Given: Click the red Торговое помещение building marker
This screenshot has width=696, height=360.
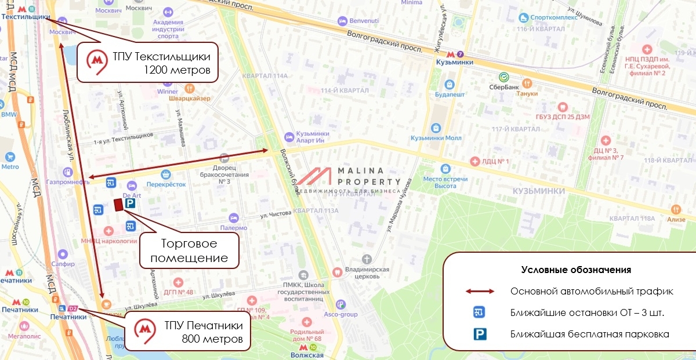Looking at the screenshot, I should coord(118,205).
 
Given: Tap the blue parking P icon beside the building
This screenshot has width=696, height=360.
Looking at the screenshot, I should coord(130,204).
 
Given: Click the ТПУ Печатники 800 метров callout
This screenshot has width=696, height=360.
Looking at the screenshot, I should coord(188,332).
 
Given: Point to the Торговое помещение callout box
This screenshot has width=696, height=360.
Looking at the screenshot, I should coord(189,250).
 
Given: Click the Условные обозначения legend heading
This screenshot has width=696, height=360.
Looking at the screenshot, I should coord(576,270).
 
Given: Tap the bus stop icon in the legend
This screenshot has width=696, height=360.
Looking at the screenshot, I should coord(479,312).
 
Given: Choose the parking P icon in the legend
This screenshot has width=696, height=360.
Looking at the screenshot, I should coord(479,334).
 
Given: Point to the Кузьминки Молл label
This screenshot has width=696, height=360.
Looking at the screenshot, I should coord(436,138).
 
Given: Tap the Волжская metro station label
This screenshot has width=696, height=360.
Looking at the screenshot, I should coord(307,355).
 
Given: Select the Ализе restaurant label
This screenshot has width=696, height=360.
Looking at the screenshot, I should coord(675,219).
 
